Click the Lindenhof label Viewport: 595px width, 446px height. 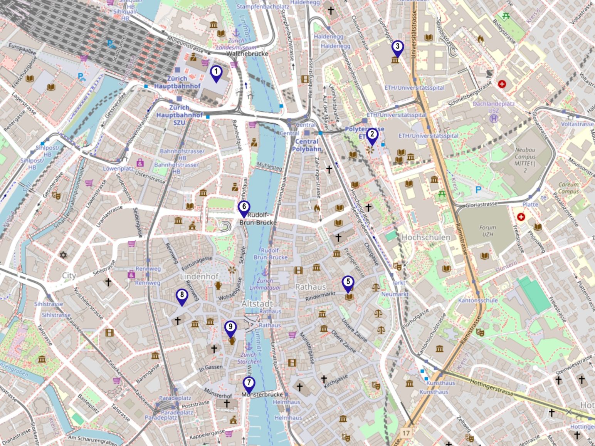199,277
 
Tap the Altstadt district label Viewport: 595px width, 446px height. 257,304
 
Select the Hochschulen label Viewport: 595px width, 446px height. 426,237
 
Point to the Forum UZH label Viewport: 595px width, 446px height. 487,231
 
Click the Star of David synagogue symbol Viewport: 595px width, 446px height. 63,255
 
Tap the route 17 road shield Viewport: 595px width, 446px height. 406,433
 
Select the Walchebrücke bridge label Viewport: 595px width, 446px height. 247,54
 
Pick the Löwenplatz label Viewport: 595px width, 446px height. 118,169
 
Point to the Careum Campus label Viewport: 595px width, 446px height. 568,188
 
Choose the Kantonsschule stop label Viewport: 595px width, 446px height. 478,300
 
